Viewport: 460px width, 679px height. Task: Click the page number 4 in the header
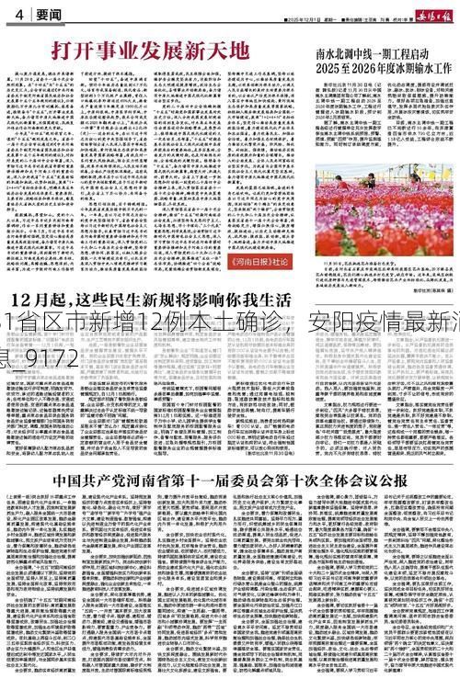pyautogui.click(x=17, y=13)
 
